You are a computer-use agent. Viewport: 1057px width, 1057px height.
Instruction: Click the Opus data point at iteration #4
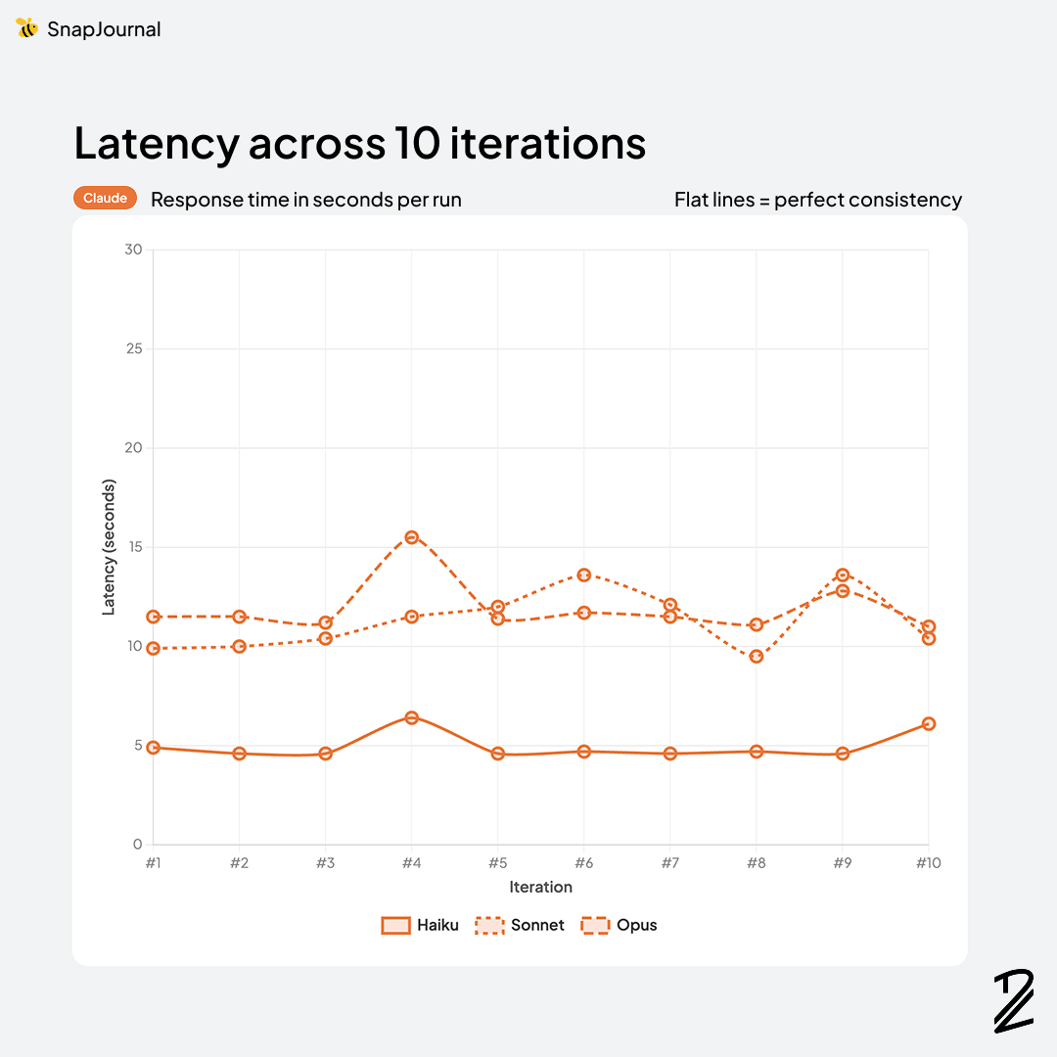(412, 537)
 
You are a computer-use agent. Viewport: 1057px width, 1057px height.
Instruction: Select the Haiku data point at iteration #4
(412, 717)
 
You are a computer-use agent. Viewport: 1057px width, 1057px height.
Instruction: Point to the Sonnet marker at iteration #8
(757, 657)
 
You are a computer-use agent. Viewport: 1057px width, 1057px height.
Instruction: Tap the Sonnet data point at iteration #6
(584, 574)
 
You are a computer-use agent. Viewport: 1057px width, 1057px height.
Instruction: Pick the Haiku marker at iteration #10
(929, 723)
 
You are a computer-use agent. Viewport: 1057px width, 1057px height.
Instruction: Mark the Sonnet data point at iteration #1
(154, 648)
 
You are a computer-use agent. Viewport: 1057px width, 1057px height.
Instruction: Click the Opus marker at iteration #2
(240, 617)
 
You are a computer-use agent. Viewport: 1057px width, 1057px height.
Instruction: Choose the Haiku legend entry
(420, 925)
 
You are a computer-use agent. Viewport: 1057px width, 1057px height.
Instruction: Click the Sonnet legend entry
(520, 925)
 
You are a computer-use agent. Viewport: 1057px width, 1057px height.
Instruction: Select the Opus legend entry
(620, 925)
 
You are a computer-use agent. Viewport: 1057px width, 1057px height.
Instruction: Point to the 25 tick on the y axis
(133, 349)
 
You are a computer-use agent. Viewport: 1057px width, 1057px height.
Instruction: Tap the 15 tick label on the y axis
(133, 547)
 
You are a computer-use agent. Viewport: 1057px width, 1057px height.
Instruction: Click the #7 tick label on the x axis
(670, 863)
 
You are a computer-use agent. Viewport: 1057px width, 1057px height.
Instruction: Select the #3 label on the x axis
(326, 863)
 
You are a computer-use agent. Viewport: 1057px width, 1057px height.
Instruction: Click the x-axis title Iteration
(540, 887)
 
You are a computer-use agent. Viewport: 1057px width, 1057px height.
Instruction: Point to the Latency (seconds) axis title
(110, 547)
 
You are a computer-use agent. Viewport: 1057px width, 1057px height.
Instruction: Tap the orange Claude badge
(105, 198)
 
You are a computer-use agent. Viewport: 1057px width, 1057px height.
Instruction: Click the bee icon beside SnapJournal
(26, 28)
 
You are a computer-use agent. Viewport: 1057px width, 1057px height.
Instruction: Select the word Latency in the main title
(157, 143)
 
